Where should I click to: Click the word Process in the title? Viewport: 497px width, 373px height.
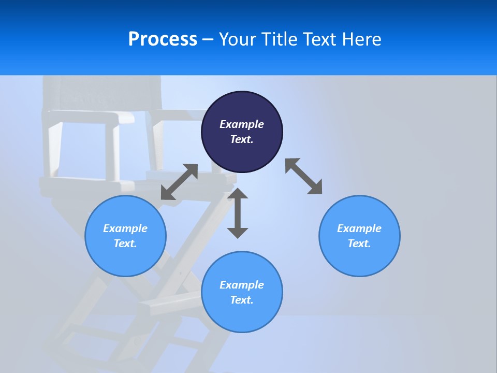point(163,39)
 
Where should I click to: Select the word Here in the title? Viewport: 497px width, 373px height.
point(362,39)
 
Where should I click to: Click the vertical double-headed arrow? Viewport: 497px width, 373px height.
point(238,213)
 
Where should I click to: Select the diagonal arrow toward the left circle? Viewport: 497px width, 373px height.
point(179,182)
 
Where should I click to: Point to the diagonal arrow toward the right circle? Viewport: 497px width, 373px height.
point(303,177)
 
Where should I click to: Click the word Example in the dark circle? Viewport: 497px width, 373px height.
point(242,124)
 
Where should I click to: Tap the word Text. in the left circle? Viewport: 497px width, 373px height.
point(125,243)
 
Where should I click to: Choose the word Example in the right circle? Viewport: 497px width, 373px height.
point(359,228)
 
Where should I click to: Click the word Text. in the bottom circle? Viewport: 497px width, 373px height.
point(242,300)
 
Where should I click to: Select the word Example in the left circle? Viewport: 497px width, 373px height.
point(125,228)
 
